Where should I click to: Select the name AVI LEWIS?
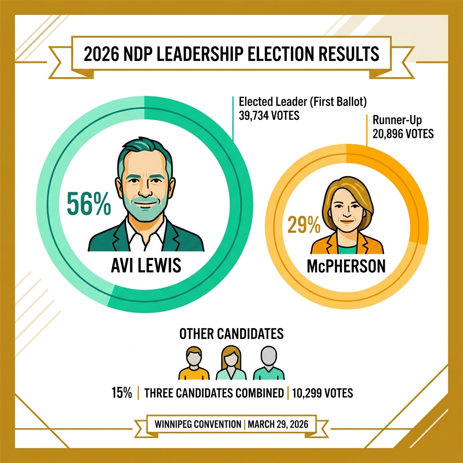pos(146,265)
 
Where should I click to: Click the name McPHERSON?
pos(346,266)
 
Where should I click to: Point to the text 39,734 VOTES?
pos(269,116)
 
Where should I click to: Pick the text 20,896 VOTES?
pos(403,134)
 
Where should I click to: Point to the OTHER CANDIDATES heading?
pos(231,334)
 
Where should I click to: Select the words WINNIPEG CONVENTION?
pos(198,425)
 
